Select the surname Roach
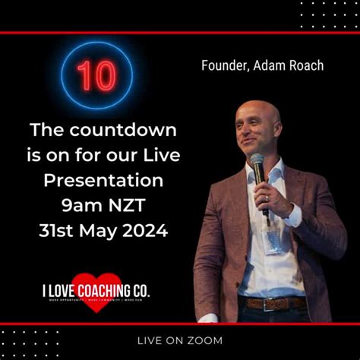pyautogui.click(x=304, y=65)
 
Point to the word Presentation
pyautogui.click(x=103, y=181)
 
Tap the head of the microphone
pyautogui.click(x=257, y=163)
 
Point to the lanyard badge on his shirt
pyautogui.click(x=272, y=242)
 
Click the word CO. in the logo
pyautogui.click(x=140, y=289)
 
